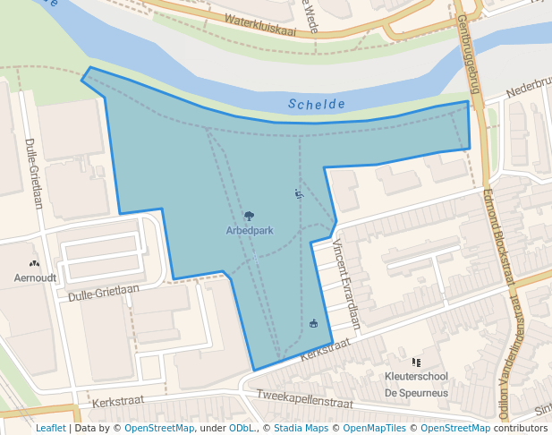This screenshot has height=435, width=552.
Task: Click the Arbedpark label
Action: (250, 230)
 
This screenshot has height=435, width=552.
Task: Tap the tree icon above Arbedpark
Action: (249, 216)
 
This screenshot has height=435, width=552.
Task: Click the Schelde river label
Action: (317, 105)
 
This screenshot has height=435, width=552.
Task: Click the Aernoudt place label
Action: (36, 278)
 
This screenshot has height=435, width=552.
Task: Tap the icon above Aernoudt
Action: (35, 264)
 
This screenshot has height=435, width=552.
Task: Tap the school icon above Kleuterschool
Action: (416, 362)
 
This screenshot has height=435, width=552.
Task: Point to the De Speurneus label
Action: (416, 393)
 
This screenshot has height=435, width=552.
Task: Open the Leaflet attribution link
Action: (51, 428)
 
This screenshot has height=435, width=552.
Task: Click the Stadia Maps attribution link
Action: (301, 428)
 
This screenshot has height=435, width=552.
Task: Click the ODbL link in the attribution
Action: (242, 428)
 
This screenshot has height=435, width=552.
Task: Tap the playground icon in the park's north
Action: (299, 193)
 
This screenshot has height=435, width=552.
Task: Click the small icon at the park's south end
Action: (313, 323)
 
